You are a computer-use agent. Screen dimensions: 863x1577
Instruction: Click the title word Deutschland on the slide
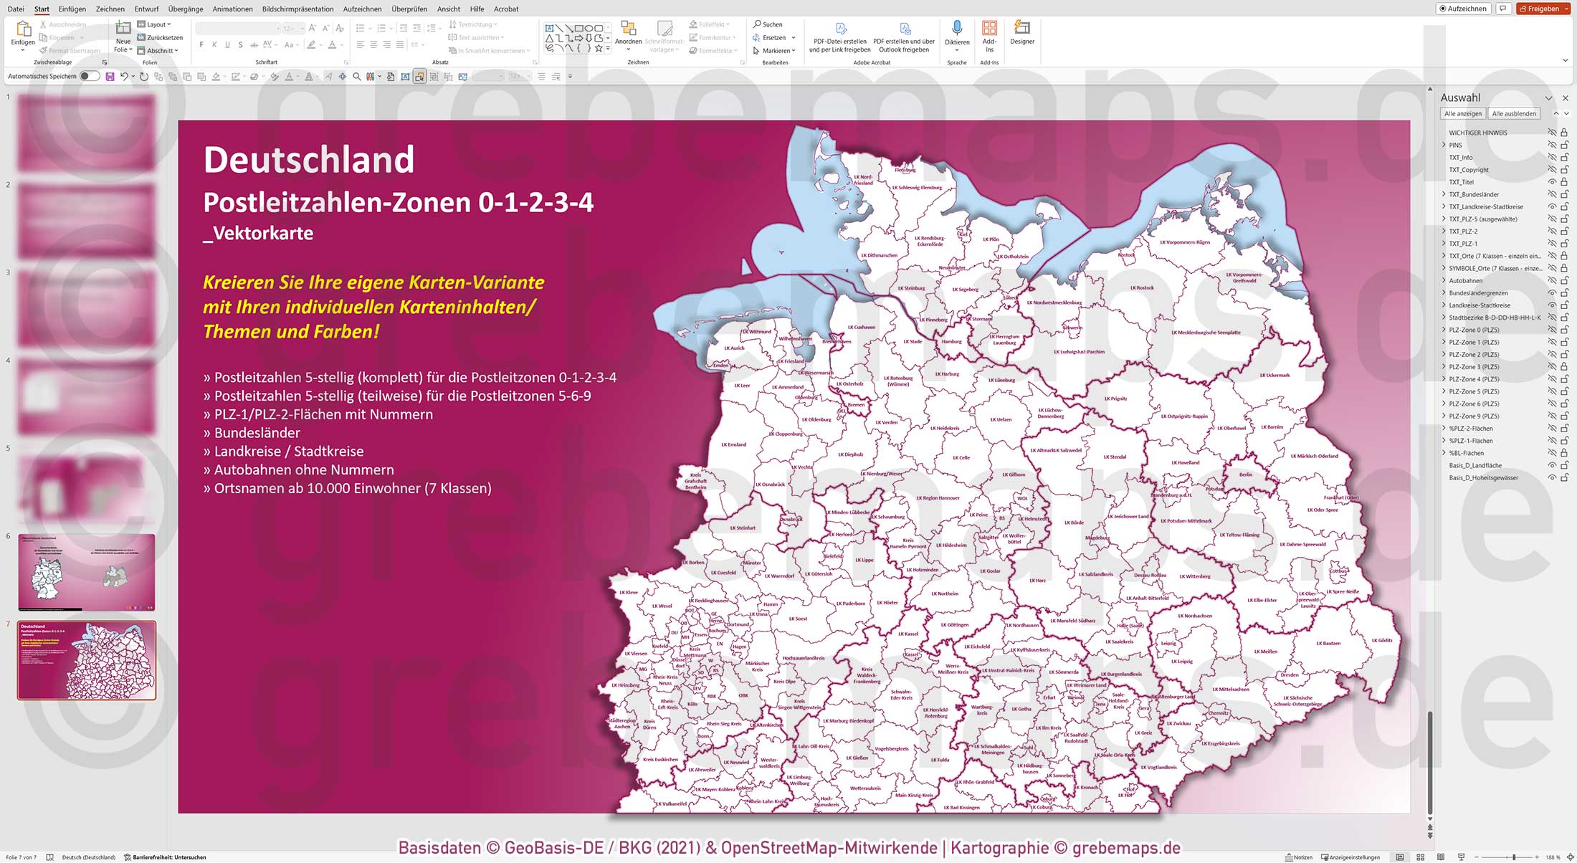tap(309, 160)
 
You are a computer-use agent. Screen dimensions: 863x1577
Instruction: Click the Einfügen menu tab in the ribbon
tap(72, 9)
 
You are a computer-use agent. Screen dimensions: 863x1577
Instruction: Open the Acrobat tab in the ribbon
tap(506, 9)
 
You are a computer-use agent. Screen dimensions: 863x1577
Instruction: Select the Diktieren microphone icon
tap(956, 29)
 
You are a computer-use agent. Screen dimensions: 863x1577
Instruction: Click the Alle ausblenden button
tap(1514, 113)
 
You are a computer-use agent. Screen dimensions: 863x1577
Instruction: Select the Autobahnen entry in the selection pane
tap(1465, 280)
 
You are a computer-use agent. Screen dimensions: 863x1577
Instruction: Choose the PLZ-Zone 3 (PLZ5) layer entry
tap(1474, 366)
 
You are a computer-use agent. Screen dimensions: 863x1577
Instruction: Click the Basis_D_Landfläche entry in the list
tap(1475, 465)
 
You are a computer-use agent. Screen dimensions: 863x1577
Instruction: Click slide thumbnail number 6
tap(86, 572)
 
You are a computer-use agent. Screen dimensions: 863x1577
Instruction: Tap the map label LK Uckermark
tap(1274, 375)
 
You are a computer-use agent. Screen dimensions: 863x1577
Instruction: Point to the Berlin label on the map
tap(1246, 475)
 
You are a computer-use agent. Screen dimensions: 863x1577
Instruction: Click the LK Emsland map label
tap(733, 444)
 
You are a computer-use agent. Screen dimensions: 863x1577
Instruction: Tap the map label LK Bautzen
tap(1328, 643)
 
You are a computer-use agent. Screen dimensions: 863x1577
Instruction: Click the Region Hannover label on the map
tap(938, 497)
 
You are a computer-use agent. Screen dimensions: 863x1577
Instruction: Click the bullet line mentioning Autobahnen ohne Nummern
tap(304, 469)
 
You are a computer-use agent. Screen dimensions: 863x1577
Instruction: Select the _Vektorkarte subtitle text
tap(258, 233)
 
